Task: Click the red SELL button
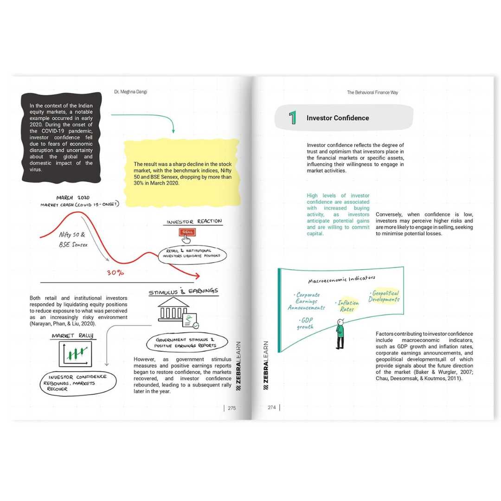(x=187, y=232)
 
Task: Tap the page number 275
(x=232, y=408)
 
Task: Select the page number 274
(x=272, y=408)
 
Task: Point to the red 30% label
(x=116, y=273)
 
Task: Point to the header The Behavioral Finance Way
(x=373, y=92)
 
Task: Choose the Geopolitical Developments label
(x=384, y=296)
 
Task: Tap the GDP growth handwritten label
(x=305, y=323)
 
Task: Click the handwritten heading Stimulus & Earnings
(x=183, y=291)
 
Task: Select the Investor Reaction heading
(x=194, y=221)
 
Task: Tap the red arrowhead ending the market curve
(x=197, y=276)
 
